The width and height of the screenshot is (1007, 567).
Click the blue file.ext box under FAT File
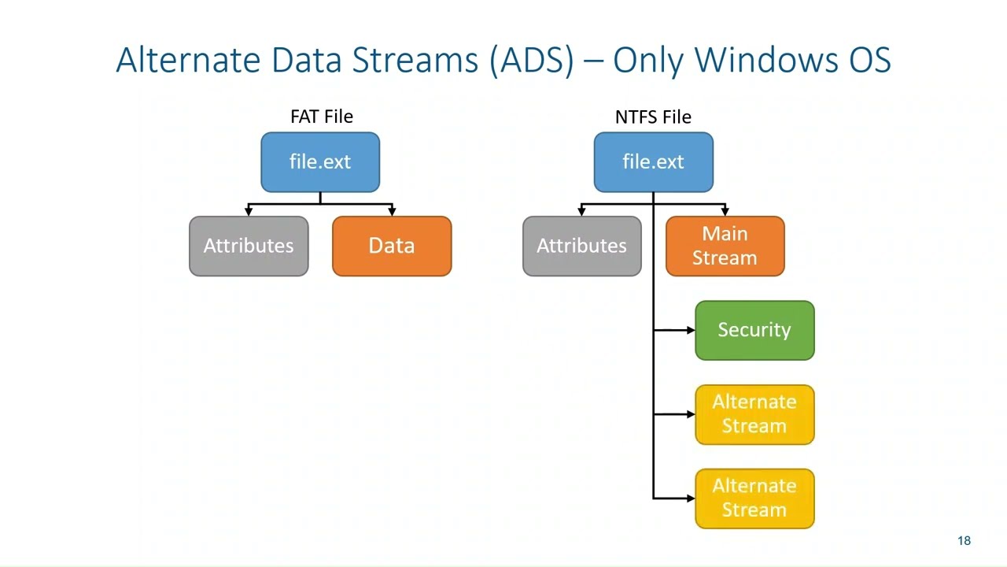(x=320, y=162)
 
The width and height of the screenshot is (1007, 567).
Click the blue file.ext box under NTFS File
(x=653, y=162)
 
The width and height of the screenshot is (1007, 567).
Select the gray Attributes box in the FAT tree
(x=249, y=246)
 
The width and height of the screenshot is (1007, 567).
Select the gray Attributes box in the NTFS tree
(x=581, y=246)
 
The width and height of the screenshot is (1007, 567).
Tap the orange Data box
(x=392, y=246)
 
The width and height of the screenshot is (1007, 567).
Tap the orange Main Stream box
(x=725, y=246)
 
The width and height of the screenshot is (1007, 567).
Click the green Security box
(x=754, y=330)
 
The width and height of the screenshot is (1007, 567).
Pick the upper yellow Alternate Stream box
(x=754, y=414)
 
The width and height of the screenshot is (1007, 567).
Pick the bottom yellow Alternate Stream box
(x=754, y=498)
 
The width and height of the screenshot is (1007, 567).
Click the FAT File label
(x=321, y=117)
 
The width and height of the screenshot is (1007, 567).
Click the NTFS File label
(x=653, y=117)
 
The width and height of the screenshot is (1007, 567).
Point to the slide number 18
(x=964, y=540)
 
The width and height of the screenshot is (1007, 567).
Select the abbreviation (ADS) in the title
(x=531, y=60)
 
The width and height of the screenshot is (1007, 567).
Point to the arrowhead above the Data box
(x=392, y=211)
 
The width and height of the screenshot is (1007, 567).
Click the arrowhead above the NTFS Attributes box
(x=581, y=211)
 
